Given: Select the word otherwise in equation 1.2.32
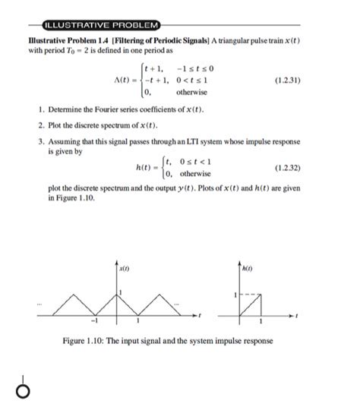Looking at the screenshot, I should point(195,174).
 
